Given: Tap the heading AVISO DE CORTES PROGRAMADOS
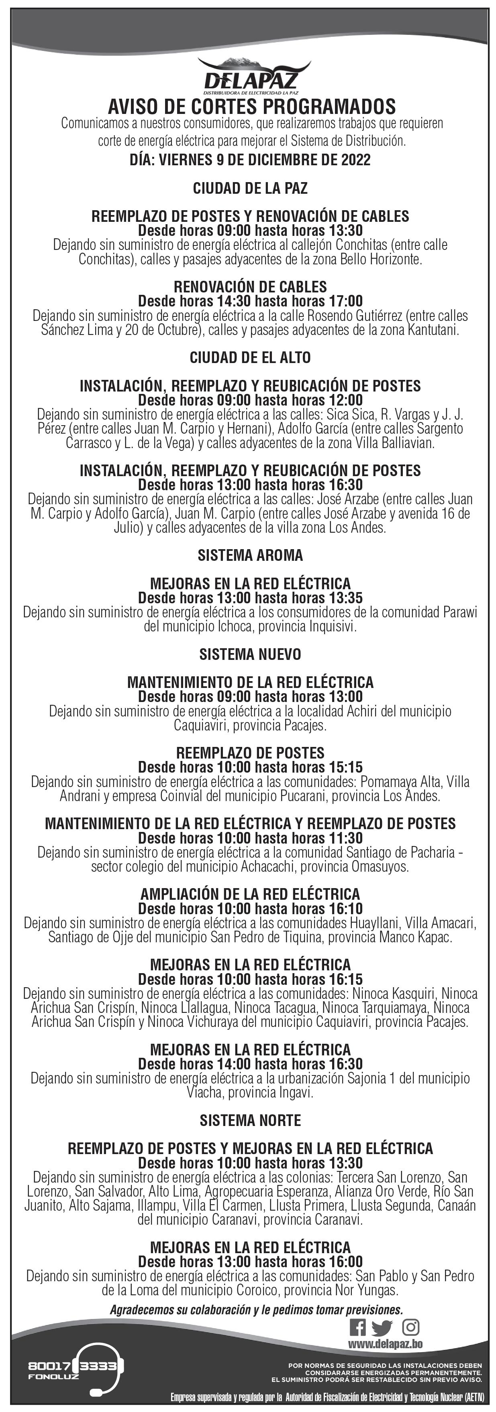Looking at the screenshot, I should tap(251, 106).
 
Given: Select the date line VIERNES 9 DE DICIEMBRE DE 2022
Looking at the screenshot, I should tap(250, 160).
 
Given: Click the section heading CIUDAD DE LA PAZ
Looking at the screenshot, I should tap(250, 189).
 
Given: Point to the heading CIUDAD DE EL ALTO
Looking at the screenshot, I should tap(250, 358).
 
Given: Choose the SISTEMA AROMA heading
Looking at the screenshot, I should tap(250, 555).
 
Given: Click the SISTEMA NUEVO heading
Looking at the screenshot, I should tap(250, 654).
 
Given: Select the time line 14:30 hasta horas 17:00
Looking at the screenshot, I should tap(250, 301).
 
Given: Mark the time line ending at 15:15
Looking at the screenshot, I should tap(250, 767).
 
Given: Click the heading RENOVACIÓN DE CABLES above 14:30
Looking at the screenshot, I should tap(250, 287).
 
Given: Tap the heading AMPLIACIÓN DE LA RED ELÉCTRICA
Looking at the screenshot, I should tap(250, 894).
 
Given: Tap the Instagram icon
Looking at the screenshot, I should tap(410, 1327).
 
